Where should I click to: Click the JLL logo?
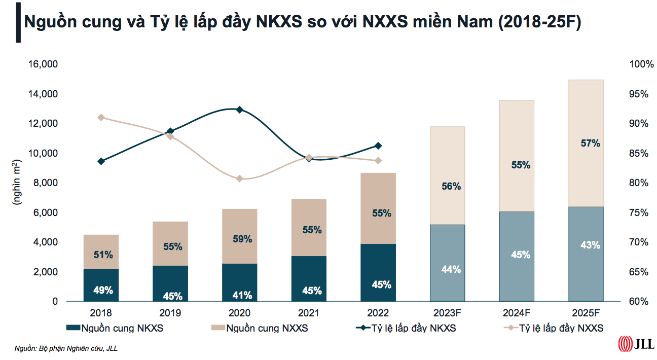636,344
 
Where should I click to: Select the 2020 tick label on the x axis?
240,313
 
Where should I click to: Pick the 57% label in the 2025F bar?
590,143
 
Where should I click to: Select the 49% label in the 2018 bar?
103,291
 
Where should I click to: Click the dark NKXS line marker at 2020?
240,110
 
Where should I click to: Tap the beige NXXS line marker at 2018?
101,118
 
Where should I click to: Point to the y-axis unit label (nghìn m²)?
17,183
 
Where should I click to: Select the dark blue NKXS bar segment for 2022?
378,272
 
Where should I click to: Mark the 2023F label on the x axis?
448,313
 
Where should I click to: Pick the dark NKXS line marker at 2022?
378,146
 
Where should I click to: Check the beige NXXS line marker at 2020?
240,178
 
